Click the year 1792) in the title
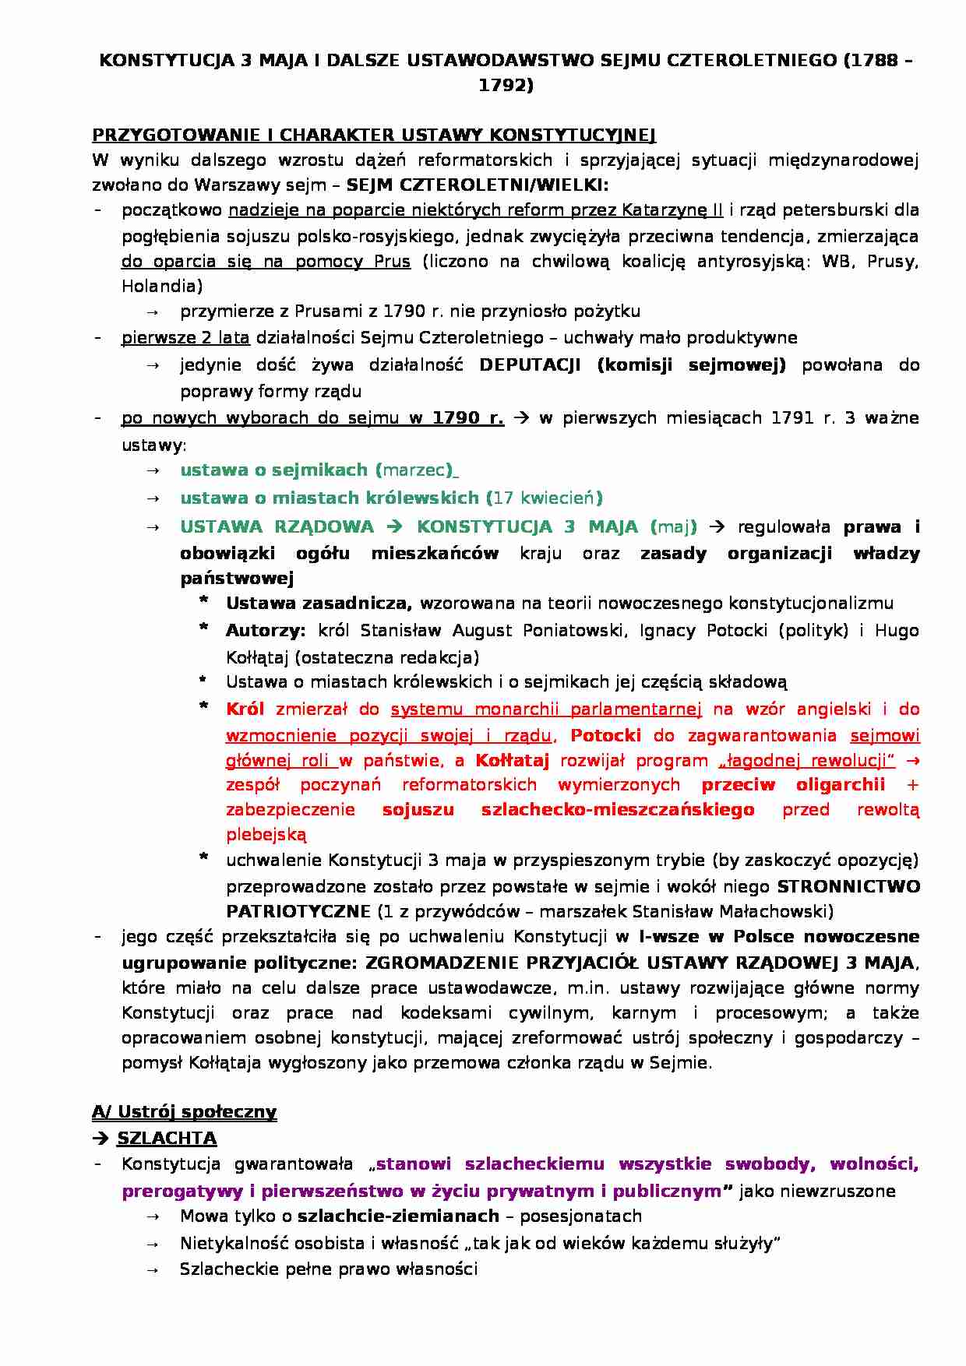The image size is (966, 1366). [x=506, y=86]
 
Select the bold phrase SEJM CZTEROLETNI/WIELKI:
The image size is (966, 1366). [x=477, y=185]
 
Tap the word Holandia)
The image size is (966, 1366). [x=162, y=286]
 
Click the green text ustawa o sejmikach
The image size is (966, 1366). [x=273, y=470]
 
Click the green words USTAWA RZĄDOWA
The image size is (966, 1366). [x=277, y=527]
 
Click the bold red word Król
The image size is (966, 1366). [x=245, y=709]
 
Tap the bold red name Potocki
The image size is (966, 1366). [x=605, y=736]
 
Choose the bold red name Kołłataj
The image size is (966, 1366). [x=512, y=761]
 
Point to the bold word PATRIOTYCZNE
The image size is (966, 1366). [x=298, y=911]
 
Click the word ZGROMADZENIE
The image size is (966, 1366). [x=439, y=963]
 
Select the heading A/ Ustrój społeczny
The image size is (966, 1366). [x=184, y=1112]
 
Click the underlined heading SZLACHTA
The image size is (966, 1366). [x=167, y=1139]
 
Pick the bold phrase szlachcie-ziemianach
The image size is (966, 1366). [x=398, y=1216]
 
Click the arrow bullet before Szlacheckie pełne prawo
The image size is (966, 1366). [x=153, y=1270]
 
